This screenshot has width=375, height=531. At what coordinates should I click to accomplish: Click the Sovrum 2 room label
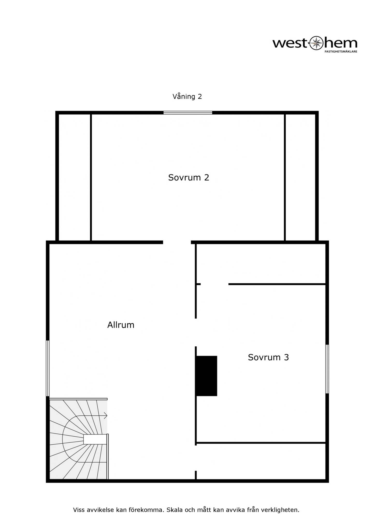tap(189, 178)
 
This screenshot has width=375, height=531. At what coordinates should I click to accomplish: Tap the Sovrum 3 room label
tap(268, 357)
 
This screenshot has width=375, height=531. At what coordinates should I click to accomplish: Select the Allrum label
tap(121, 325)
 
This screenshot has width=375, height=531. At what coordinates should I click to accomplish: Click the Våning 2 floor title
tap(187, 96)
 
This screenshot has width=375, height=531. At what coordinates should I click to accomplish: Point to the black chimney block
tap(207, 376)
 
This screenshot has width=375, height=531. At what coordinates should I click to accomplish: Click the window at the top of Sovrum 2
tap(188, 113)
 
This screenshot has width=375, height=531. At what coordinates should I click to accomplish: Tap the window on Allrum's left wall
tap(48, 368)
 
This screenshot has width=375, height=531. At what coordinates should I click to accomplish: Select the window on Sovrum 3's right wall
tap(327, 369)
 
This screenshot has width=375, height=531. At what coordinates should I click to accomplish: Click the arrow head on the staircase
tap(106, 416)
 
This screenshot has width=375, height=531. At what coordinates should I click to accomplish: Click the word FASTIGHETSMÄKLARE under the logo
tap(341, 52)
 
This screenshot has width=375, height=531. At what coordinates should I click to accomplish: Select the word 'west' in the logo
tap(291, 43)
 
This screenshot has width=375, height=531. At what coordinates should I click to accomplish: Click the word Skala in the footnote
tap(175, 510)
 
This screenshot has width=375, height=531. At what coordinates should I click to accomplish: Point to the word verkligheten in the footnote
tap(280, 510)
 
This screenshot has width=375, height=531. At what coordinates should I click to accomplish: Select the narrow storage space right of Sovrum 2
tap(300, 177)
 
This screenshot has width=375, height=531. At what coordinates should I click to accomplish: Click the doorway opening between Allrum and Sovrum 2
tap(177, 242)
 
